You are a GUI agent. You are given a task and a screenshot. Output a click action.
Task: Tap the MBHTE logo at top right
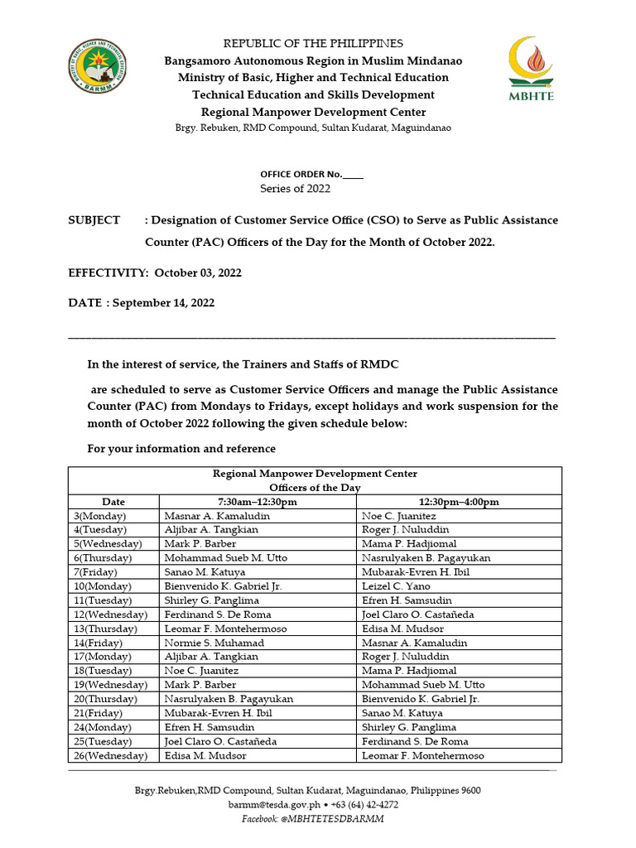click(x=530, y=68)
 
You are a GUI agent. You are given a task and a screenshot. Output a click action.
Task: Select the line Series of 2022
click(x=296, y=188)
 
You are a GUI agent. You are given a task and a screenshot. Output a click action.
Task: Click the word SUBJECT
click(x=94, y=220)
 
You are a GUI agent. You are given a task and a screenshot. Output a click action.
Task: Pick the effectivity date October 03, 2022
click(x=198, y=272)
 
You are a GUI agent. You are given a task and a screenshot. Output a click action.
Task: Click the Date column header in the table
click(x=113, y=502)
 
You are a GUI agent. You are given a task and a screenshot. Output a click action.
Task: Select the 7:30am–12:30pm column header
click(x=258, y=502)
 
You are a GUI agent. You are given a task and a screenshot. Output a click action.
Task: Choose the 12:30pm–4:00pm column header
click(x=459, y=502)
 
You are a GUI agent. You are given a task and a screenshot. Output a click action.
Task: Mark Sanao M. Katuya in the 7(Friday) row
click(x=200, y=572)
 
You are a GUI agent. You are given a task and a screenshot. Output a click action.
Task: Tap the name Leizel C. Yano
click(x=394, y=586)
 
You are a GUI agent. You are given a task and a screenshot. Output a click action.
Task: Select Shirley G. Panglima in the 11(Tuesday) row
click(x=212, y=600)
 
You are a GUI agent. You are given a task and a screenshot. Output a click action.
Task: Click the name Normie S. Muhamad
click(x=214, y=643)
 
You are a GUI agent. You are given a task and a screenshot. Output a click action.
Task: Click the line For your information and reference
click(x=181, y=449)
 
